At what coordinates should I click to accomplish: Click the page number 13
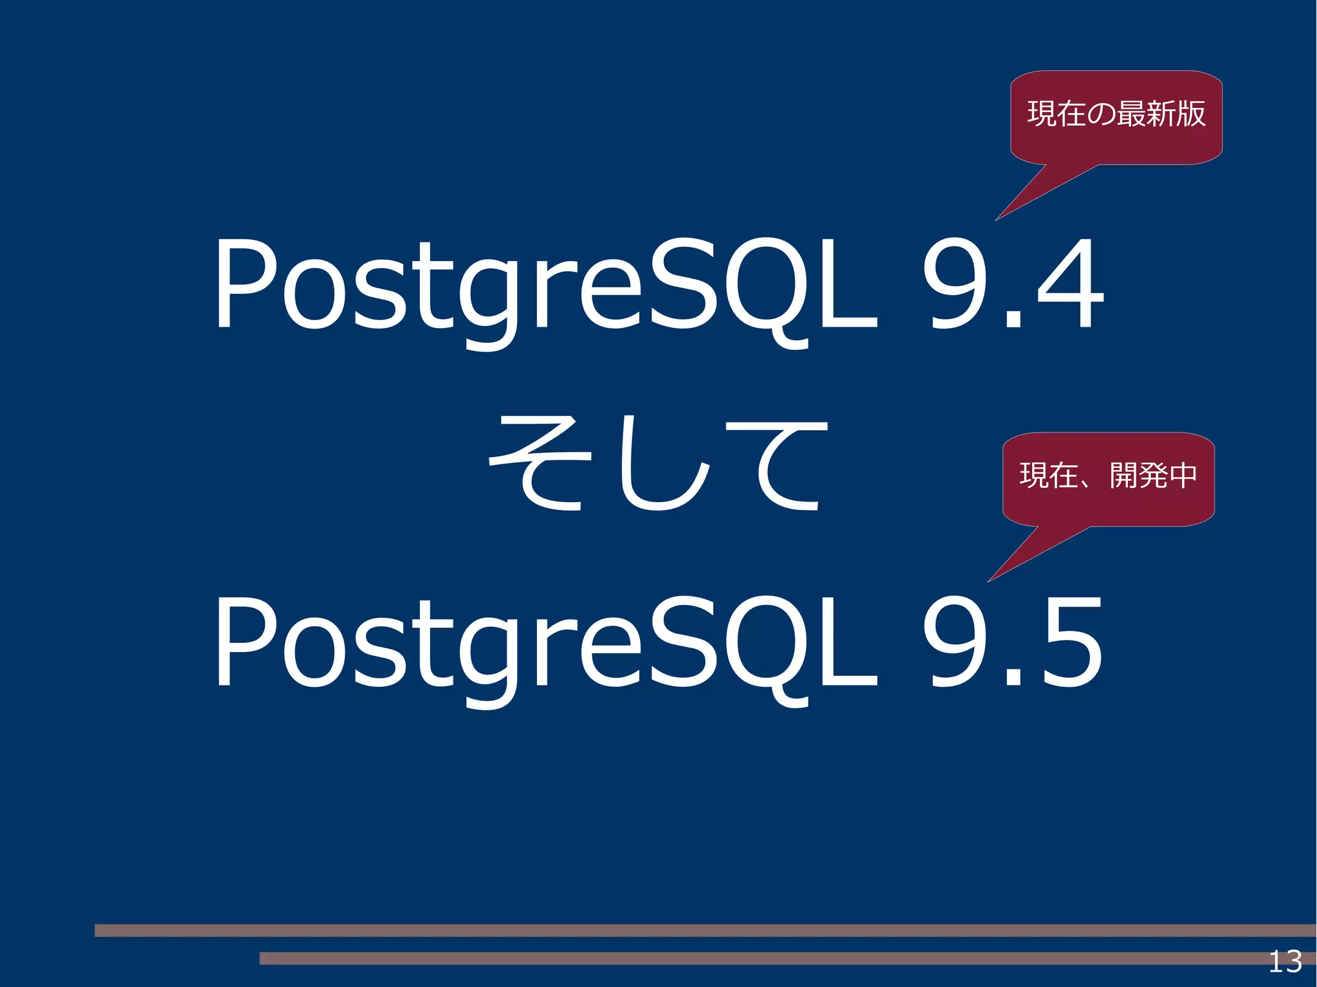point(1285,962)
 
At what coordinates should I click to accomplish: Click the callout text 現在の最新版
point(1116,114)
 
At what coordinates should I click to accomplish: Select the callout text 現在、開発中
point(1109,476)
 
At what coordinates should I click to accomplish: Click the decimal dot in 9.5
point(1013,678)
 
